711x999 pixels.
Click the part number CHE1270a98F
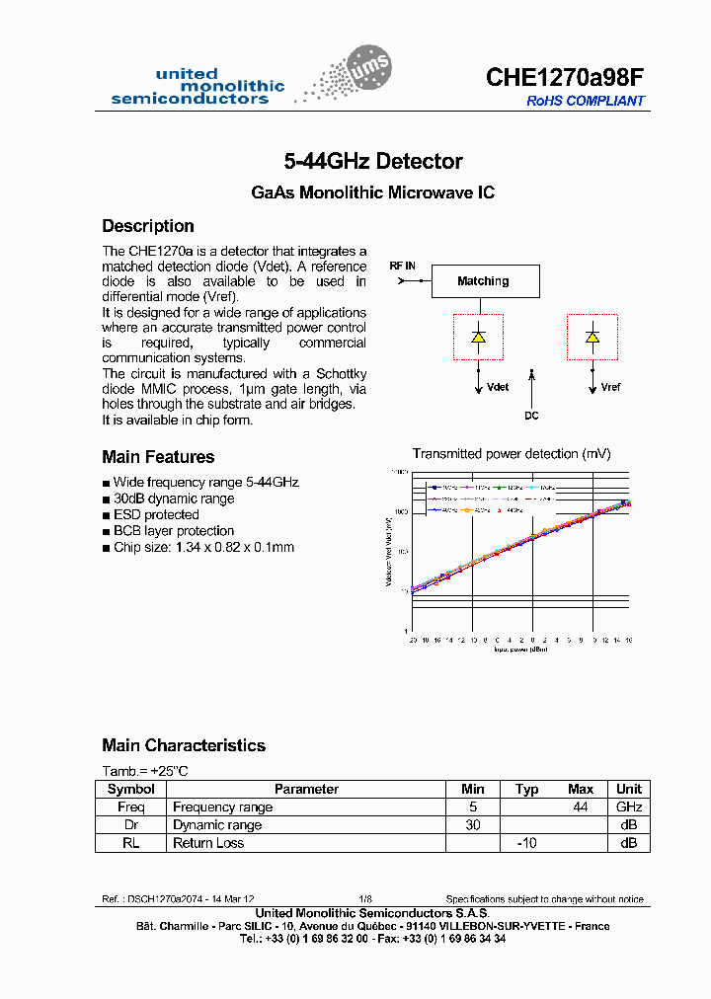click(565, 79)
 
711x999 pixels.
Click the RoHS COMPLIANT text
click(585, 101)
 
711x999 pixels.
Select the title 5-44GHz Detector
click(372, 161)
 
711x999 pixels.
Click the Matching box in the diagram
click(483, 281)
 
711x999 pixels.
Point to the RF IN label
click(402, 267)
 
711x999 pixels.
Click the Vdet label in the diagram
click(498, 388)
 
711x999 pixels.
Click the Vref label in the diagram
click(610, 388)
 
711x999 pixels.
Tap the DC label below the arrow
click(531, 416)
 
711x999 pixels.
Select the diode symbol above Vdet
click(478, 337)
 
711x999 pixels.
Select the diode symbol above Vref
click(592, 337)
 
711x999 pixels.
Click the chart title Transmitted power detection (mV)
click(511, 454)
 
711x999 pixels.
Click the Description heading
click(148, 226)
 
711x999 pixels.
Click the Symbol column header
click(130, 789)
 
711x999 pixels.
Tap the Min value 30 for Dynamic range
click(473, 824)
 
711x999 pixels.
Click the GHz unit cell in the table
click(628, 807)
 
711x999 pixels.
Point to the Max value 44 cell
click(581, 807)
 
